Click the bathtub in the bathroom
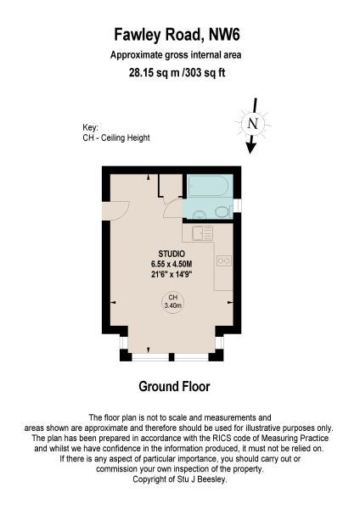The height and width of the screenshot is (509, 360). [x=208, y=185]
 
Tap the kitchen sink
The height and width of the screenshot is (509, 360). [x=202, y=233]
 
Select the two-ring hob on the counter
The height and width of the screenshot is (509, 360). [x=224, y=260]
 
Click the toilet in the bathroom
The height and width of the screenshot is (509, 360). [x=224, y=212]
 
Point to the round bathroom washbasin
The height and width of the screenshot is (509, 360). [x=199, y=215]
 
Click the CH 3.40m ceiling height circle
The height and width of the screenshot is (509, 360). [x=173, y=301]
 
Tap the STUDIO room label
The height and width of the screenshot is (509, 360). [x=172, y=254]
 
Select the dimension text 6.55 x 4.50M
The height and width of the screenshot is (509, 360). [x=172, y=264]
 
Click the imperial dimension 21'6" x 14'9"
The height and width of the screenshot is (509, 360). [x=172, y=274]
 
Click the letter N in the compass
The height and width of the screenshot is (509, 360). [x=253, y=124]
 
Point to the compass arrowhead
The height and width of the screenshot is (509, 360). [x=250, y=148]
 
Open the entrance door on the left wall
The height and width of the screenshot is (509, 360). [x=116, y=210]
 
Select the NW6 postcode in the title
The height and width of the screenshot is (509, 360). [x=224, y=35]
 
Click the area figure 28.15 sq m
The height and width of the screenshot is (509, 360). [x=155, y=72]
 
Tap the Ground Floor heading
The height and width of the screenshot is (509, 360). [x=174, y=386]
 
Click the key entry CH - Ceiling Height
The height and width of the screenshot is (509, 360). [x=116, y=137]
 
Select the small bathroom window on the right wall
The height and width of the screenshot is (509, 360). [x=238, y=205]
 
